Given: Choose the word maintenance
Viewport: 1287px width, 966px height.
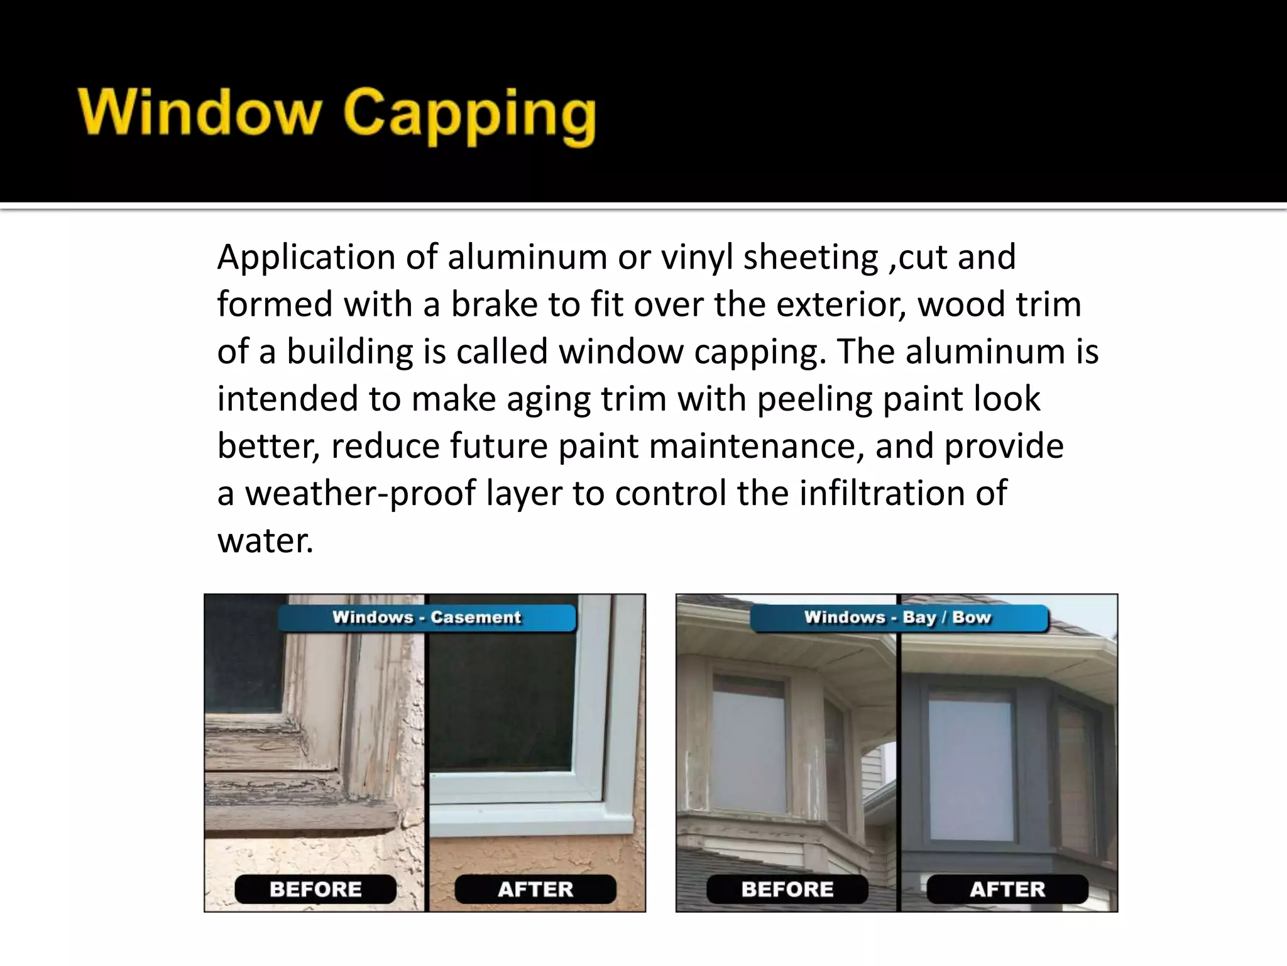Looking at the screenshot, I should [756, 446].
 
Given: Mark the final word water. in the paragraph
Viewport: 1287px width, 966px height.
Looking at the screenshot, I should [265, 540].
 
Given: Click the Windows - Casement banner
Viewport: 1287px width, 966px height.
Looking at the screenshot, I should [427, 618].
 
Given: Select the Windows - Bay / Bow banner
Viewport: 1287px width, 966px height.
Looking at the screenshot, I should [898, 618].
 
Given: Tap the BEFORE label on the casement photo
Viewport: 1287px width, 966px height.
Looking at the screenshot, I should [315, 889].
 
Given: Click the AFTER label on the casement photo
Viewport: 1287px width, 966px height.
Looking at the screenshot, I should [535, 889].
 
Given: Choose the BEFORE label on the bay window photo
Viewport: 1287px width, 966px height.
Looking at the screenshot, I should [787, 889].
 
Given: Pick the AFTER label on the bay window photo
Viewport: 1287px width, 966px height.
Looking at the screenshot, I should [1007, 889].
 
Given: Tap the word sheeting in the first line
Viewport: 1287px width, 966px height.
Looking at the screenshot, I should [811, 258].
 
